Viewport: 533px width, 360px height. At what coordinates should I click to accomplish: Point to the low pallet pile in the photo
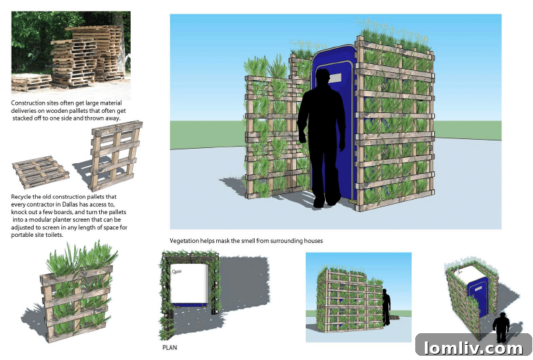[31, 82]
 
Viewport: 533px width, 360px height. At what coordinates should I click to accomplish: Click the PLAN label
[169, 348]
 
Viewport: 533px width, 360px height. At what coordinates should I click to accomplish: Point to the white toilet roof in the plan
[189, 282]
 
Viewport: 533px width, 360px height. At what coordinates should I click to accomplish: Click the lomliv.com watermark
[473, 346]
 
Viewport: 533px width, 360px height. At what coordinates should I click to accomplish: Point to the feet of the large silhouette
[324, 202]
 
